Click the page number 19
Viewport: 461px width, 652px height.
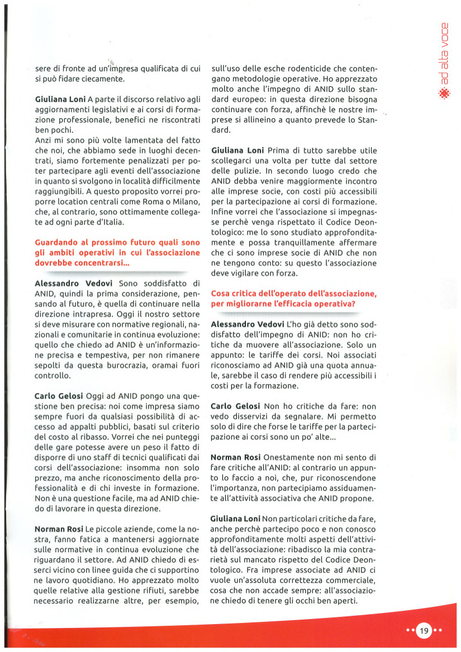(424, 631)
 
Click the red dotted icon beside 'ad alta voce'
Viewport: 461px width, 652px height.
(444, 93)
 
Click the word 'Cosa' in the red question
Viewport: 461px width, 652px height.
(221, 294)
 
